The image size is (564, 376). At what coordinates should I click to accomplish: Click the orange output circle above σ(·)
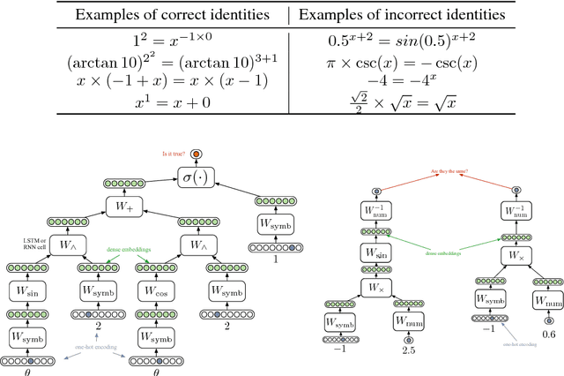coord(197,154)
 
